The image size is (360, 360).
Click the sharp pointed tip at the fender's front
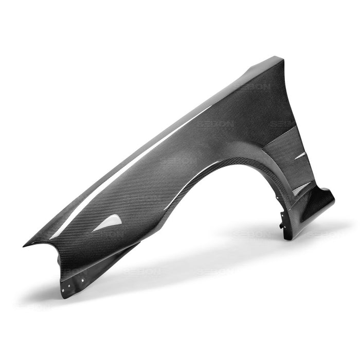click(x=25, y=245)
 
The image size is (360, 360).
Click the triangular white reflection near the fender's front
click(x=109, y=223)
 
